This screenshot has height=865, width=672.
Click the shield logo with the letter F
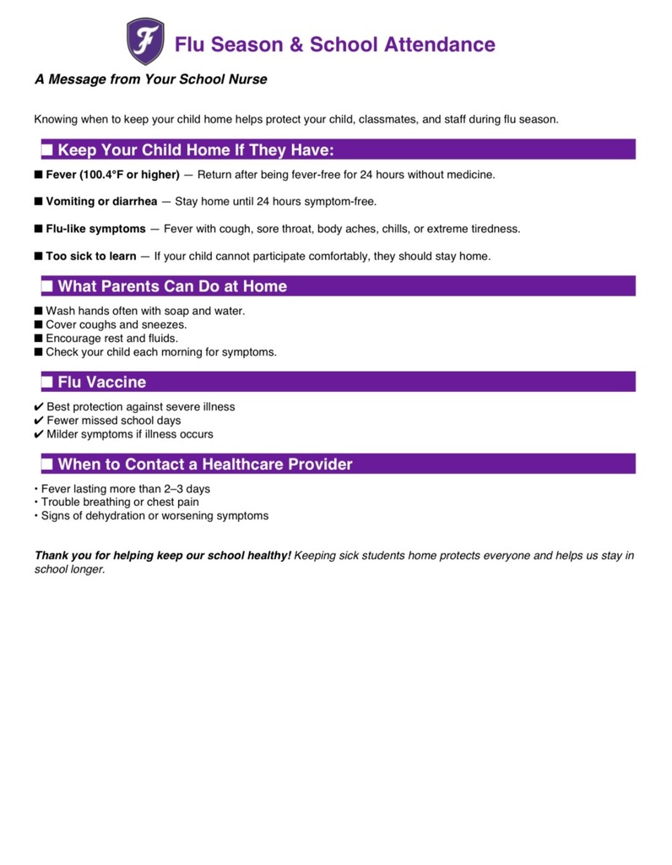coord(145,42)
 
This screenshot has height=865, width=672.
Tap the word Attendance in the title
coord(439,45)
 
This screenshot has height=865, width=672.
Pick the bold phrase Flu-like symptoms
coord(95,229)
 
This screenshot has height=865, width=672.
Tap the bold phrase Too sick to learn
coord(90,256)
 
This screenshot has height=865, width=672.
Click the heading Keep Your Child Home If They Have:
coord(196,150)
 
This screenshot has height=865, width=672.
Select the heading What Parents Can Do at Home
coord(172,286)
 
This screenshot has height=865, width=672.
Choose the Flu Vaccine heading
coord(101,383)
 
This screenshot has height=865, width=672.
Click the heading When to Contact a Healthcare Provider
coord(205,465)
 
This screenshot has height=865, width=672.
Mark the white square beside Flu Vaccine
coord(47,383)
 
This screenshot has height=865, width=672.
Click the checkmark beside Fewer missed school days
coord(39,421)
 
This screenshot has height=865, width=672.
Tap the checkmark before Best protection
coord(39,407)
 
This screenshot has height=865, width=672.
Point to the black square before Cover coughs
coord(39,325)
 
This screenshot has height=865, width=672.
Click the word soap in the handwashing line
coord(181,311)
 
